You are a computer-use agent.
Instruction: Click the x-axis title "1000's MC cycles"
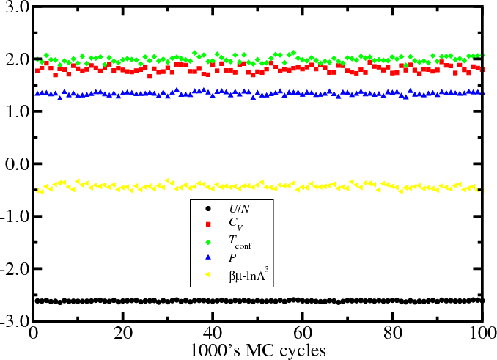coord(257,349)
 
